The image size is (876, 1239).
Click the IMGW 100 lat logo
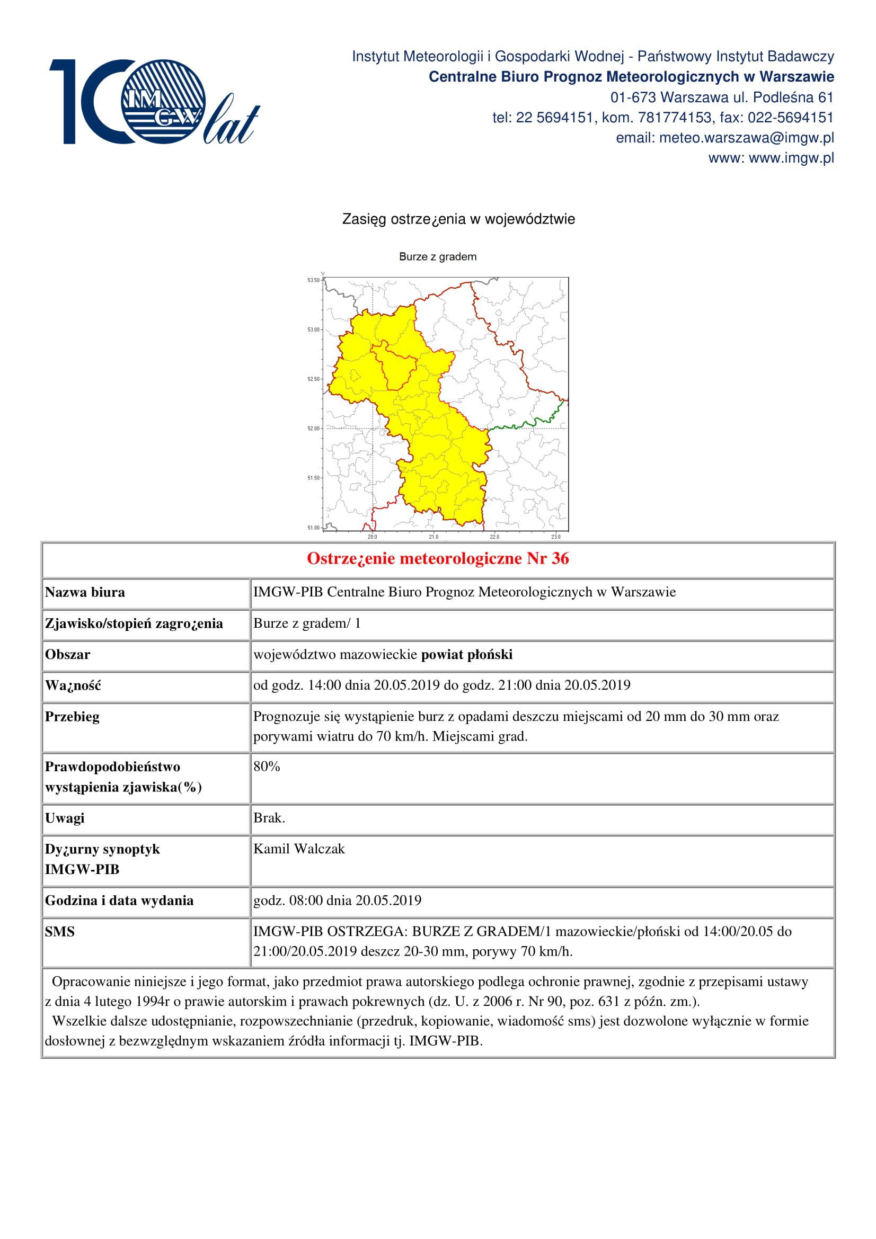pyautogui.click(x=154, y=102)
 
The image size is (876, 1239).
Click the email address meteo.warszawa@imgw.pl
pyautogui.click(x=746, y=138)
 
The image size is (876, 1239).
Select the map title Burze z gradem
pyautogui.click(x=438, y=257)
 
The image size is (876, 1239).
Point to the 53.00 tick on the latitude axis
pyautogui.click(x=313, y=329)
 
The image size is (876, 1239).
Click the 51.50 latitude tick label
pyautogui.click(x=313, y=478)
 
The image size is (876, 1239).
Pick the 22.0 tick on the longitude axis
pyautogui.click(x=494, y=537)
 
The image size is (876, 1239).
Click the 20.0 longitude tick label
pyautogui.click(x=373, y=537)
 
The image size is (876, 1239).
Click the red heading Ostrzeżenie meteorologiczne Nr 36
pyautogui.click(x=438, y=558)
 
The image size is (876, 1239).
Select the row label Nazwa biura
pyautogui.click(x=85, y=593)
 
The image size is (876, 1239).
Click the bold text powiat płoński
pyautogui.click(x=467, y=655)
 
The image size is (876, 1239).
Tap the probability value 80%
pyautogui.click(x=267, y=766)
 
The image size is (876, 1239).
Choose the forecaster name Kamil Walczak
pyautogui.click(x=299, y=849)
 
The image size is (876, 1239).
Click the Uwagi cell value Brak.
pyautogui.click(x=269, y=818)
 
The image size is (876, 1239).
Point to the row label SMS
pyautogui.click(x=59, y=931)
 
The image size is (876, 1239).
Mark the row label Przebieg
pyautogui.click(x=72, y=717)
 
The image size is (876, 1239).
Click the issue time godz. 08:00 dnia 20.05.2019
pyautogui.click(x=338, y=900)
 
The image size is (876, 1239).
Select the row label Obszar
pyautogui.click(x=67, y=655)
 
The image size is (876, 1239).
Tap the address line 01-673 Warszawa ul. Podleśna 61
pyautogui.click(x=722, y=97)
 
